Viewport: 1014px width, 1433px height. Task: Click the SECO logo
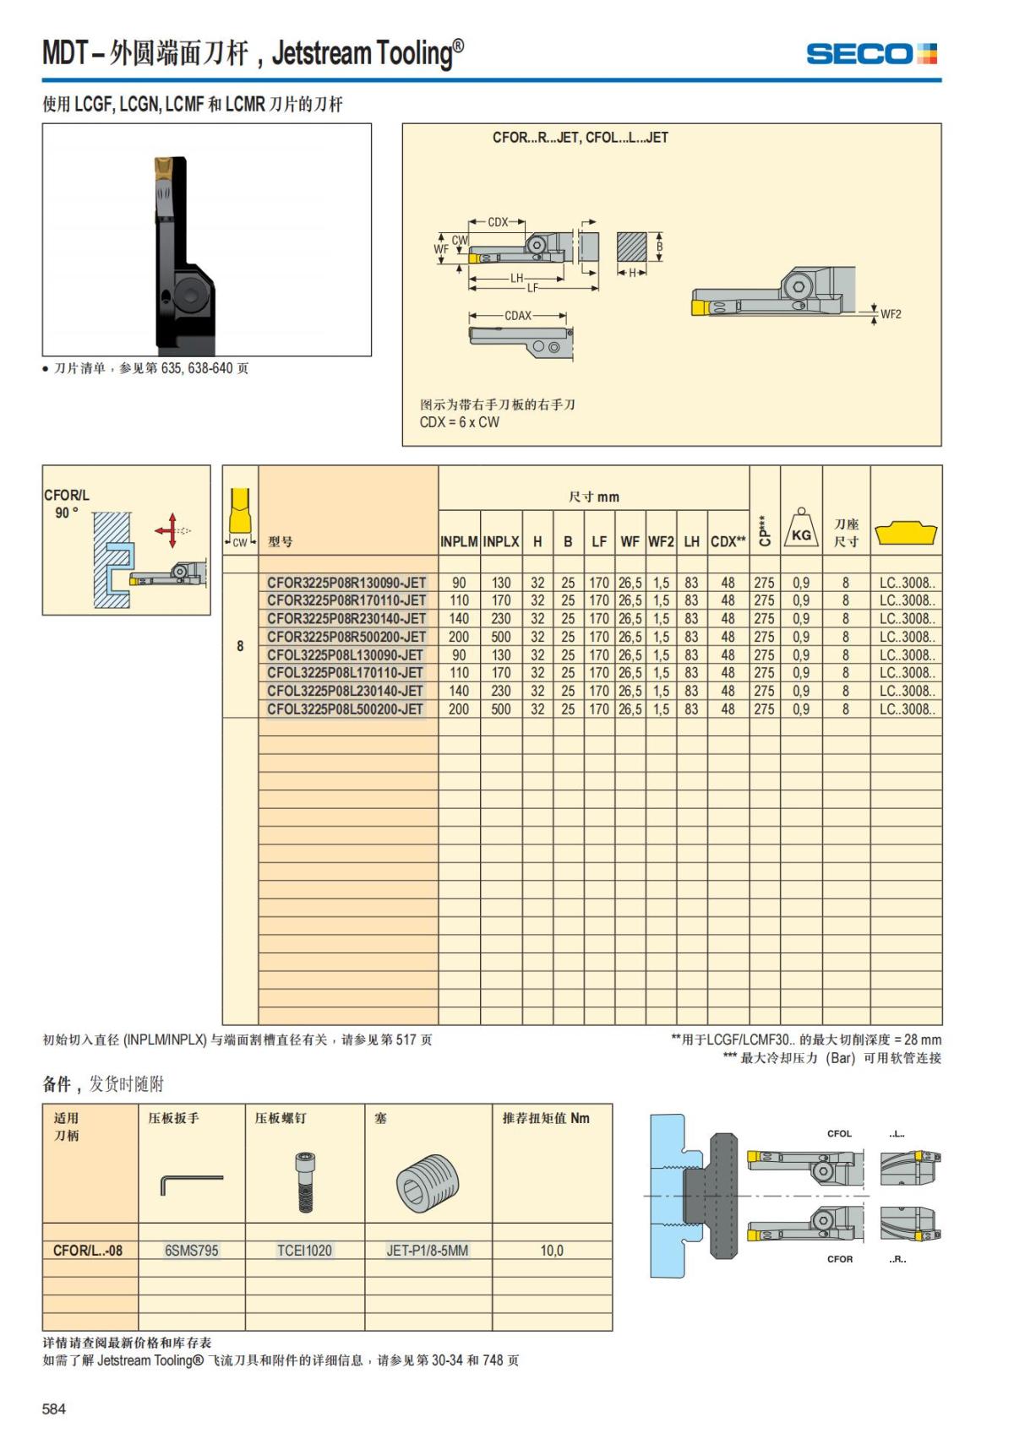tap(871, 54)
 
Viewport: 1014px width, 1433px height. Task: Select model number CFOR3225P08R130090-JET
tap(346, 583)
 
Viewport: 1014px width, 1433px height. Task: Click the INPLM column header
tap(459, 541)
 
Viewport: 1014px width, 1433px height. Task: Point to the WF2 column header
tap(661, 541)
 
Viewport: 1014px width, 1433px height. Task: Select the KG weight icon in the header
tap(801, 529)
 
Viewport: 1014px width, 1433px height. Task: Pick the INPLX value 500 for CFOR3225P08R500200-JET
tap(501, 637)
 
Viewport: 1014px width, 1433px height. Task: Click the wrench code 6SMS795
tap(192, 1251)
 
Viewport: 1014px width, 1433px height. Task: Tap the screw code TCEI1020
tap(304, 1251)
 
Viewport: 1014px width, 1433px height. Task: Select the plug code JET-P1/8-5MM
tap(427, 1251)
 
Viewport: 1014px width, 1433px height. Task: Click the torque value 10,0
tap(552, 1251)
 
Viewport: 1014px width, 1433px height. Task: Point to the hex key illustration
tap(191, 1182)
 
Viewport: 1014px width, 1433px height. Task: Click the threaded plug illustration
tap(427, 1181)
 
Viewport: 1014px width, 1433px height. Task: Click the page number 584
tap(54, 1409)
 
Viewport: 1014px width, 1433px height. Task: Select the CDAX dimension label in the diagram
tap(518, 316)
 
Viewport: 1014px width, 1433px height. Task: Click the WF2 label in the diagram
tap(891, 314)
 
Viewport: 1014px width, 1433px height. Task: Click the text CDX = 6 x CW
tap(460, 422)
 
